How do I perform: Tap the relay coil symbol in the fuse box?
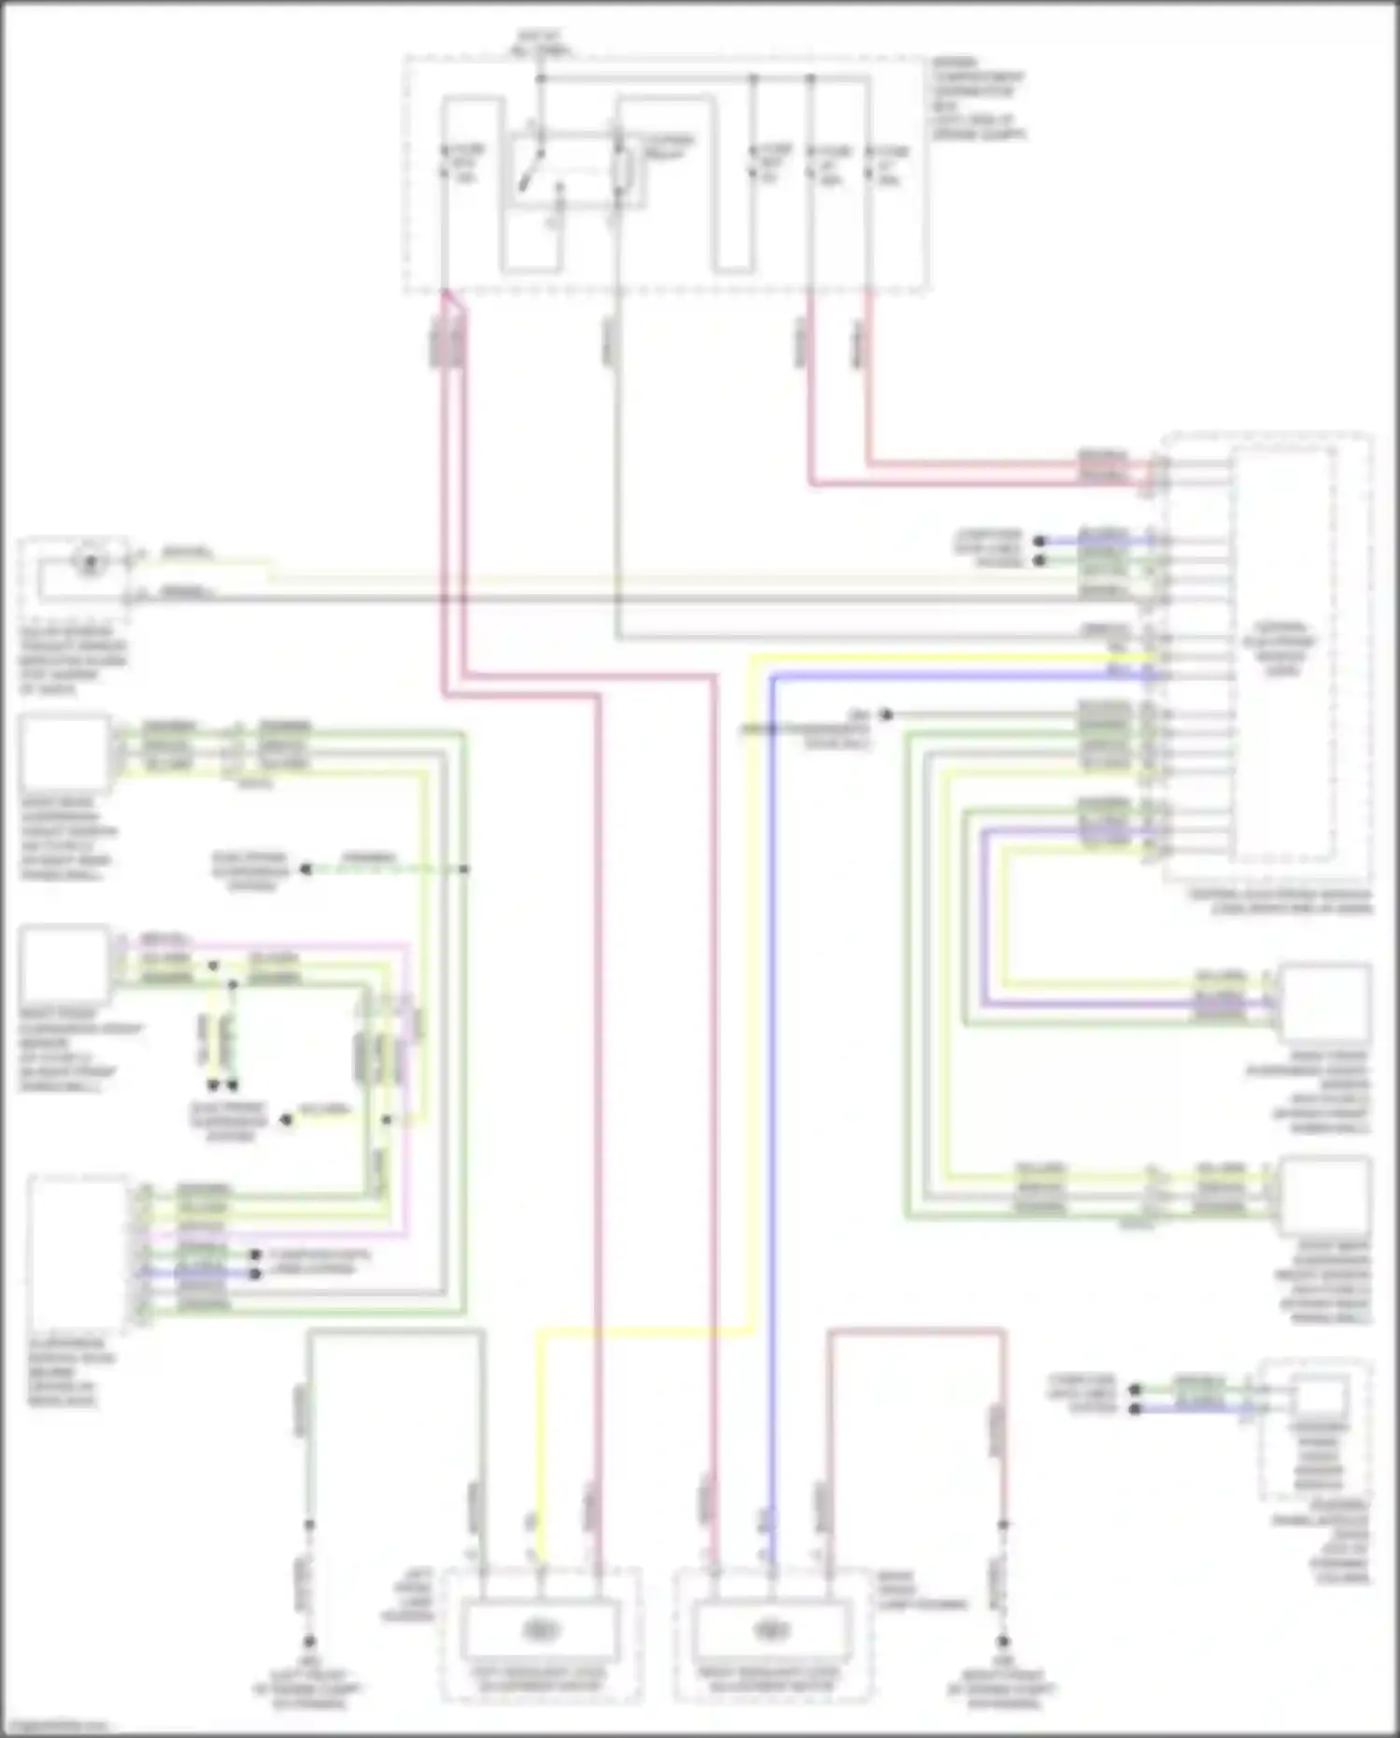coord(624,173)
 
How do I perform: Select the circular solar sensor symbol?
coord(90,562)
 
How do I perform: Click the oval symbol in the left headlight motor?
coord(540,1630)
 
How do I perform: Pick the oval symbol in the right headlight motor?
coord(771,1630)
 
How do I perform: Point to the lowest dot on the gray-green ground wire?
coord(309,1642)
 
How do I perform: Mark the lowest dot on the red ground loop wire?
coord(1003,1642)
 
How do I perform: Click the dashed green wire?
coord(383,869)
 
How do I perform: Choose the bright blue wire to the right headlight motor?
coord(772,1121)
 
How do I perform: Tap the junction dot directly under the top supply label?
coord(540,79)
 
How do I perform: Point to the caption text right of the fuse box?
coord(977,99)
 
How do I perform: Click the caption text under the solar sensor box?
coord(73,660)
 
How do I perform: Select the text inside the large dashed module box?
coord(1281,648)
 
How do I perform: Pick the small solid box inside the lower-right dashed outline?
coord(1320,1395)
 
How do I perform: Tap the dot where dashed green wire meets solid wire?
coord(464,869)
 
